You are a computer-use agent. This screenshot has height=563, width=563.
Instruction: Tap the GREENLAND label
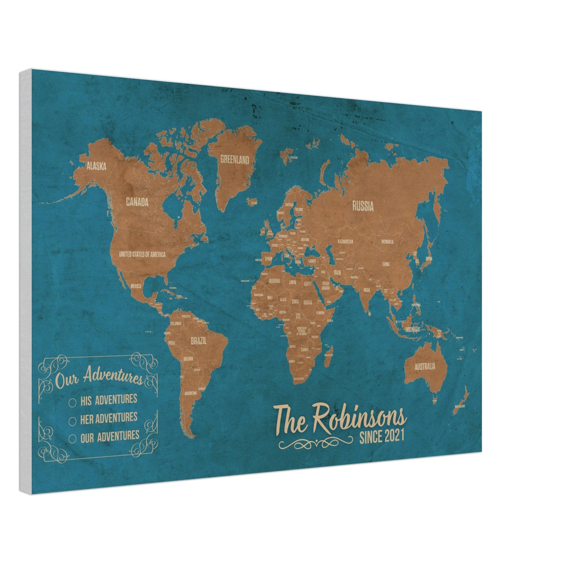(235, 160)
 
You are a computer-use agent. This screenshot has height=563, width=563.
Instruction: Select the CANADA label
(137, 202)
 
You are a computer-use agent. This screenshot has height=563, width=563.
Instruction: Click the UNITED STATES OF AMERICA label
(142, 254)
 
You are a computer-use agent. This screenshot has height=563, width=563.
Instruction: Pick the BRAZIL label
(199, 341)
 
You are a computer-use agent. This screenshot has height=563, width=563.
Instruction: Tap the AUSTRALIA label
(425, 366)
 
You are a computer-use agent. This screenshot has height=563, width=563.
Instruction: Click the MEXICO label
(136, 286)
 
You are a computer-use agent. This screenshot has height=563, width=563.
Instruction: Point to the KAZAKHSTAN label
(345, 242)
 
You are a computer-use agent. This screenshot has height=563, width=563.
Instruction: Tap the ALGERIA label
(274, 281)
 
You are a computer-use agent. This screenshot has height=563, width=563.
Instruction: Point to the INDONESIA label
(412, 330)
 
